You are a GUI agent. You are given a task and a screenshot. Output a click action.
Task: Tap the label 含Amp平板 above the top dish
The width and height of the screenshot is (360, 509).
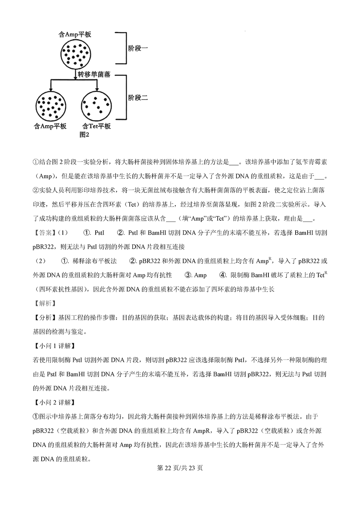point(75,35)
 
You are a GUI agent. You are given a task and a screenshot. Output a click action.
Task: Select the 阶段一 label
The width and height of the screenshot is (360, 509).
point(138,48)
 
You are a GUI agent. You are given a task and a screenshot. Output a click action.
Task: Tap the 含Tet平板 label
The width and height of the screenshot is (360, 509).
point(96,126)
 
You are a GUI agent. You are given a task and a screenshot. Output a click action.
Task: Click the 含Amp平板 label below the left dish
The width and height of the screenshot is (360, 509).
point(50,126)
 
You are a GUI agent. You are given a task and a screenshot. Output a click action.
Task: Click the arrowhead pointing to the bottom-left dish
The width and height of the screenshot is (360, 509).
point(50,89)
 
